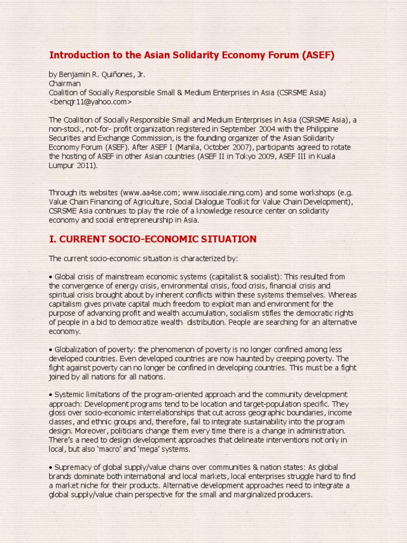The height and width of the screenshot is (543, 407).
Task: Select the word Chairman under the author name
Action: tap(65, 84)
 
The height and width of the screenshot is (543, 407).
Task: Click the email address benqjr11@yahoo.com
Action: tap(90, 101)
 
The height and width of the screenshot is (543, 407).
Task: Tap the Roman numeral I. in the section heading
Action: tap(52, 239)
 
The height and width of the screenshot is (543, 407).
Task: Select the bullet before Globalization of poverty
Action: tap(51, 349)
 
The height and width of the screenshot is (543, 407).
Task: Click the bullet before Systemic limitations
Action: tap(51, 395)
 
